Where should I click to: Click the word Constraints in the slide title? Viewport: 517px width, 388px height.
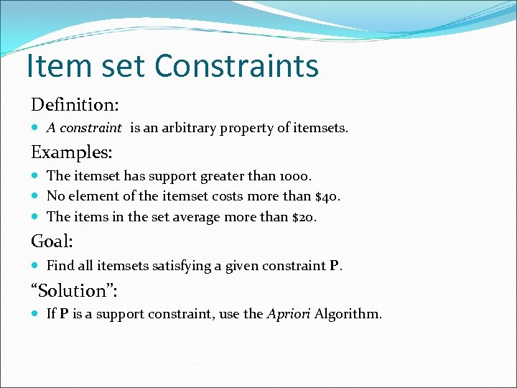point(236,66)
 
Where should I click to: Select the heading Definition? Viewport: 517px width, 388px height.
point(75,105)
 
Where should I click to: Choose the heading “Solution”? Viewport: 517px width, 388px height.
point(73,290)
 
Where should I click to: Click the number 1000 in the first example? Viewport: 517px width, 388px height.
point(296,176)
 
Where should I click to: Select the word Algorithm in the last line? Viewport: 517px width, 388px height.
point(348,314)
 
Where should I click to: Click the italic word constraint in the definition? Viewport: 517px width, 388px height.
point(91,129)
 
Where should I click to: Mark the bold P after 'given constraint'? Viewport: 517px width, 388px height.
point(333,267)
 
